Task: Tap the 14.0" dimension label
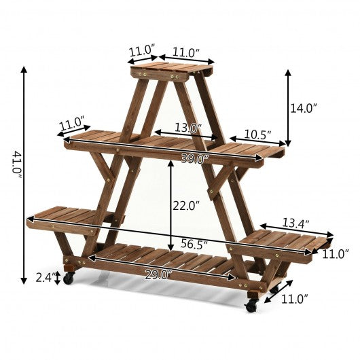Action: [x=304, y=108]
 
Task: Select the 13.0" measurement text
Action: [x=188, y=128]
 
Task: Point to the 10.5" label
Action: [x=257, y=134]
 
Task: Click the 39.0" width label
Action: [x=195, y=158]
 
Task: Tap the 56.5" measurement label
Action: [x=194, y=244]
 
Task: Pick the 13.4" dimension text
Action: [x=295, y=223]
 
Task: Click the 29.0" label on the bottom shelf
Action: [x=158, y=275]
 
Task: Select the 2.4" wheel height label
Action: [x=46, y=277]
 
